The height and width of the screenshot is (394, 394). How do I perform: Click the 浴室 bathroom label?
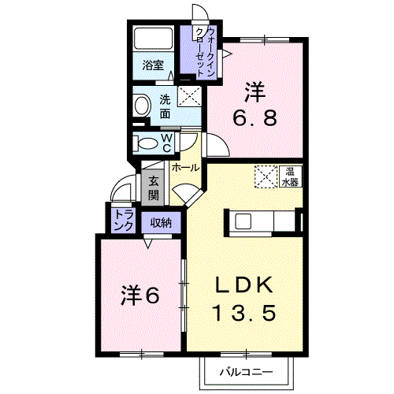point(154,66)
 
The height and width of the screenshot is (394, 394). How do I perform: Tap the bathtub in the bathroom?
point(154,39)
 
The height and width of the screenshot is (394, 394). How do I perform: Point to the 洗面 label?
point(165,106)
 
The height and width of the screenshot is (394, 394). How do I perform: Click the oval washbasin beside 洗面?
point(143,105)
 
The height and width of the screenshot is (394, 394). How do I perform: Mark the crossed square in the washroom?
point(189,96)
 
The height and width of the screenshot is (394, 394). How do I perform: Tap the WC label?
point(167,142)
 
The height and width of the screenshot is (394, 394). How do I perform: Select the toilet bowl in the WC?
point(147,143)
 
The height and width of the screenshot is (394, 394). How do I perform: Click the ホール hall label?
point(185,168)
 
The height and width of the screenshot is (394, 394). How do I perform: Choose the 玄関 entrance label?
point(154,187)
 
